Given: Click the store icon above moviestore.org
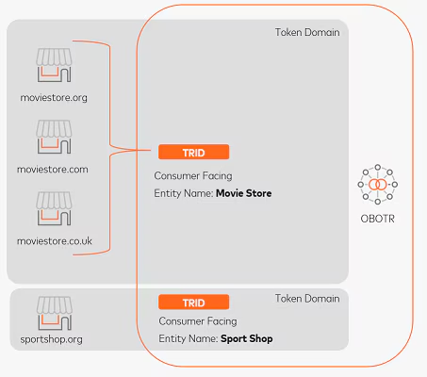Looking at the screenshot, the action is (54, 65).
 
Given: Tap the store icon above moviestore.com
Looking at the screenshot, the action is (54, 137).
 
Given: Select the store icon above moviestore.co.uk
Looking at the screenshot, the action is (54, 208).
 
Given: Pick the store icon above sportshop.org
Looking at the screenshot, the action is (55, 313).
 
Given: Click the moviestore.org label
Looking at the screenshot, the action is (54, 98).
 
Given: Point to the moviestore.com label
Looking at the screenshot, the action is (53, 170).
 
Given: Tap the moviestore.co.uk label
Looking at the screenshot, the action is (55, 241).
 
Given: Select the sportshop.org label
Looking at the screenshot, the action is (52, 339).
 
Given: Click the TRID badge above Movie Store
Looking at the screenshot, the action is (194, 152).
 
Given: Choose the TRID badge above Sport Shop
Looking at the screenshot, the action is (194, 303).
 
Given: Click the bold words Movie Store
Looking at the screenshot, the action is (244, 193).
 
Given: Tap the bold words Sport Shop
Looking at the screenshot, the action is (247, 338).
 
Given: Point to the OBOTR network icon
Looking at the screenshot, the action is (378, 185).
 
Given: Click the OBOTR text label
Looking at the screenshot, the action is (377, 219).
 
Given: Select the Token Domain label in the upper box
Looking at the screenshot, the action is (307, 32).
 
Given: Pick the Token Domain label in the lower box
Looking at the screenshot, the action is (307, 299).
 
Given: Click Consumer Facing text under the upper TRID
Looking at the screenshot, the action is (193, 176).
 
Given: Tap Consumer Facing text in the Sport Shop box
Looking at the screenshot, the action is (198, 321).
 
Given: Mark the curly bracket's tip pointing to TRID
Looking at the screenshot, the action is (151, 150).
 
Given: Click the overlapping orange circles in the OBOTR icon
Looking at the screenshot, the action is (378, 185).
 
